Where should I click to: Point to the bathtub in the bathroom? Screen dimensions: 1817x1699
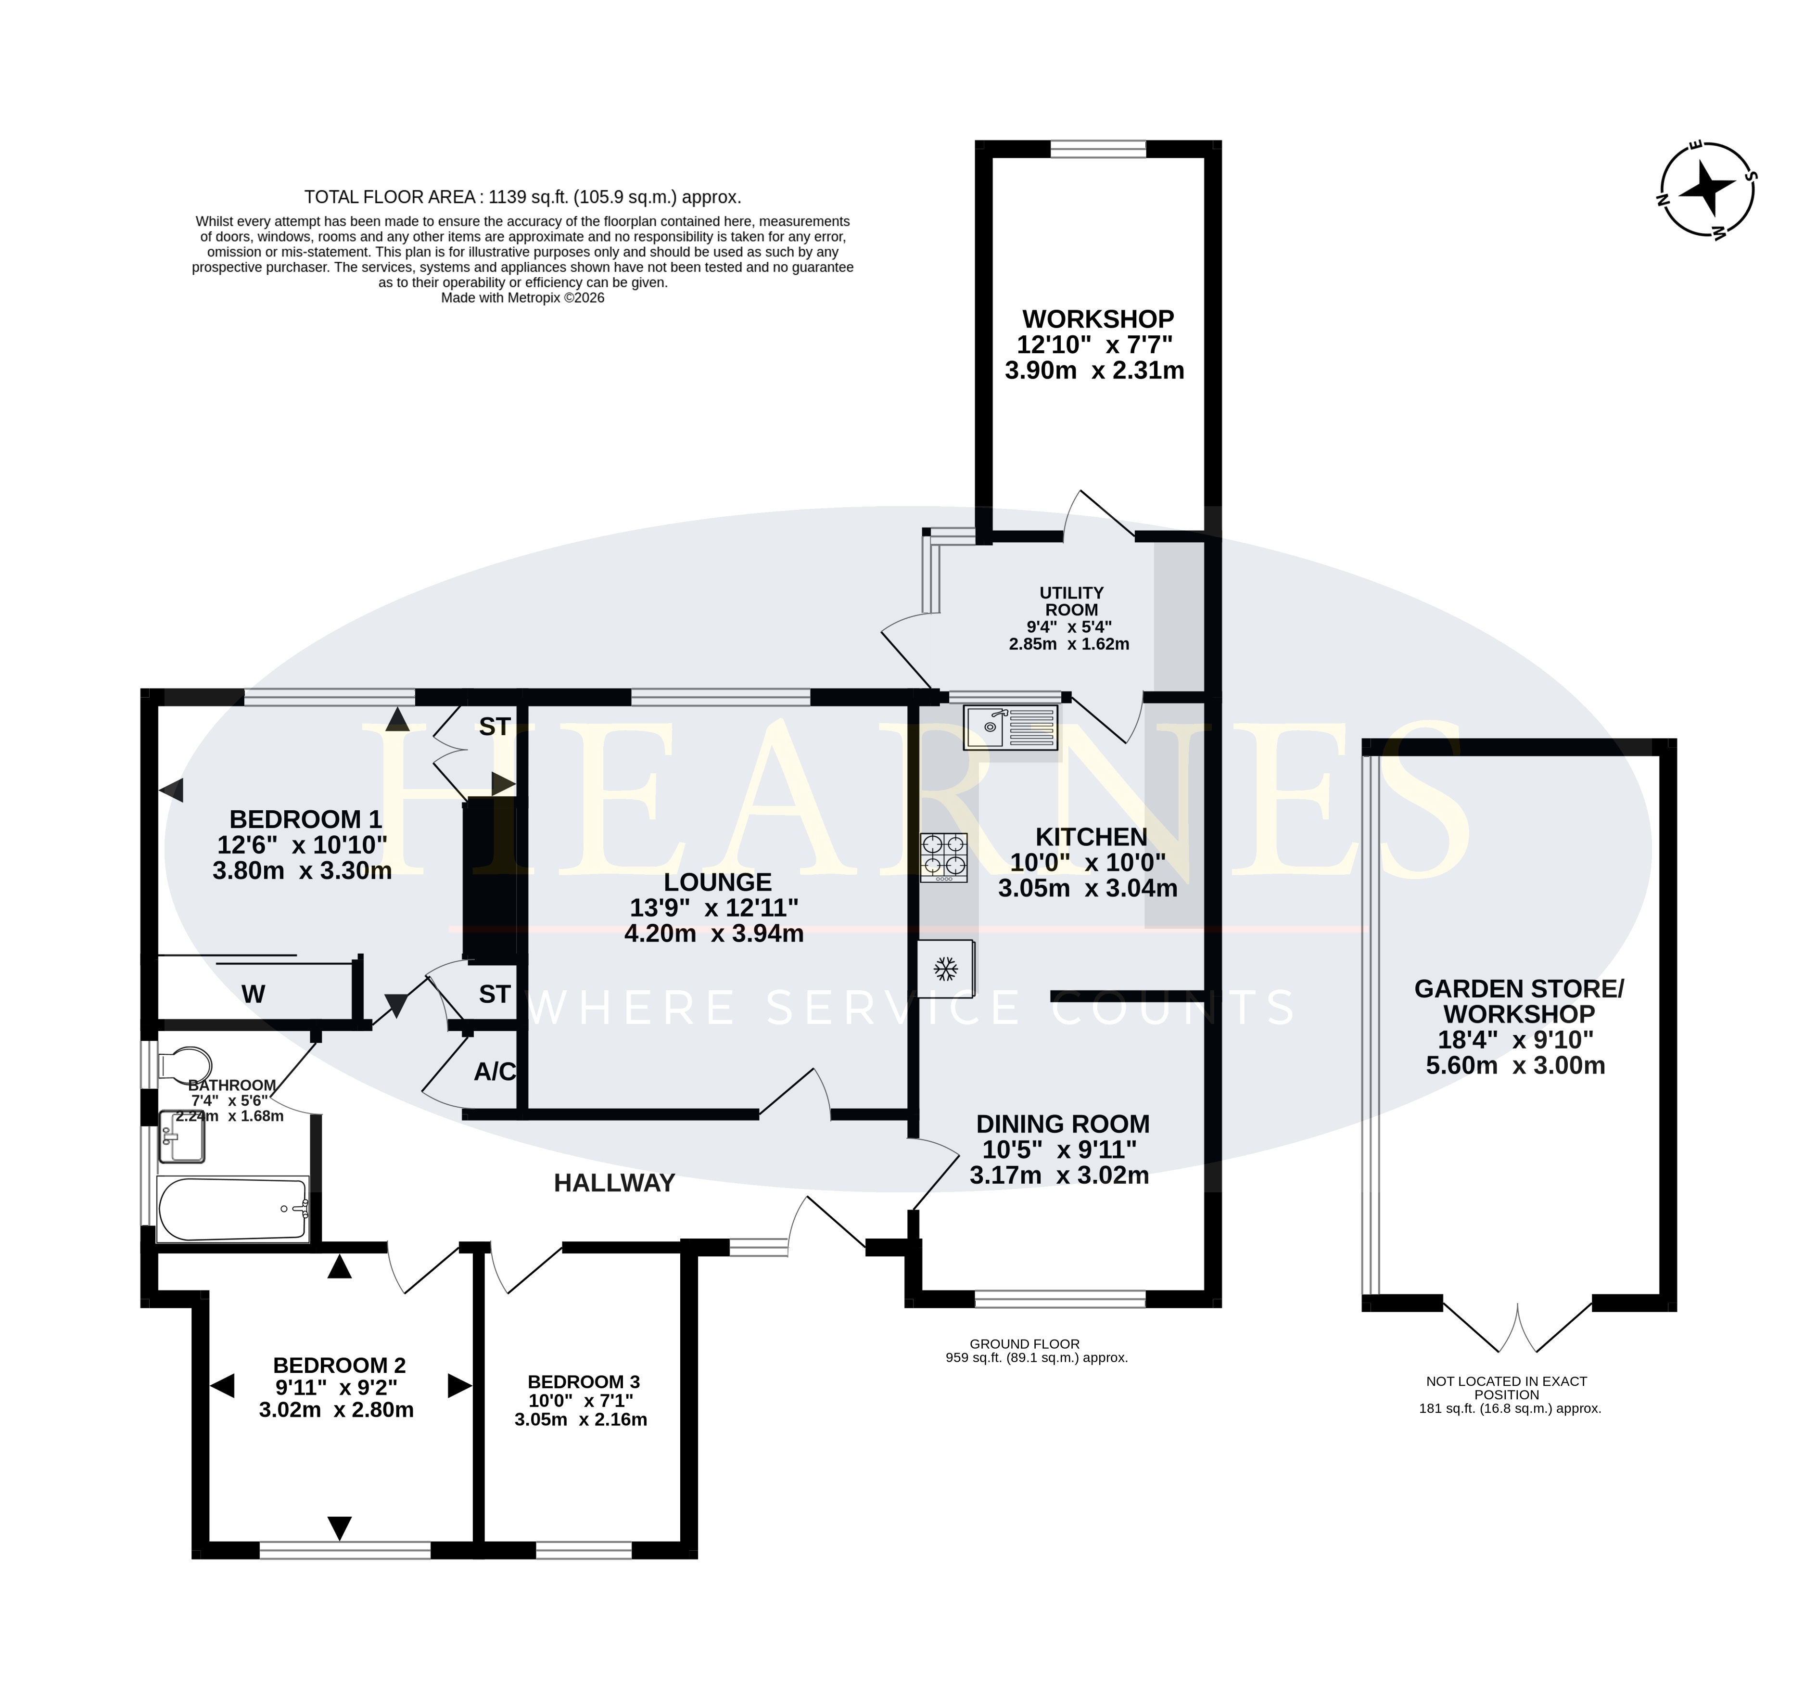coord(233,1209)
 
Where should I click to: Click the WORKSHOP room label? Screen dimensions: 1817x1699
coord(1098,319)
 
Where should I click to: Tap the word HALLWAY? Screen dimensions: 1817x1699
coord(614,1183)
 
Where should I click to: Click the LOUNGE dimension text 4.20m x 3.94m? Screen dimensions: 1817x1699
coord(714,933)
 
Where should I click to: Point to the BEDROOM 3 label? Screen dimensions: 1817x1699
coord(583,1382)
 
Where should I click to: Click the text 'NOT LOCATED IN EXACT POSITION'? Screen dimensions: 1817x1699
coord(1506,1387)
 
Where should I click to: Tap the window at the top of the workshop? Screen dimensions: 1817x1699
coord(1098,149)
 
